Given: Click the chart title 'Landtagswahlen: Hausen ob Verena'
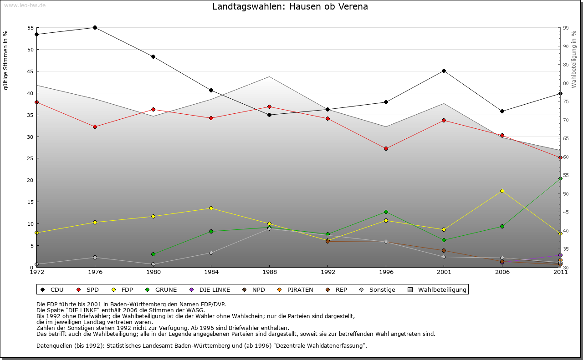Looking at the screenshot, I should [290, 7].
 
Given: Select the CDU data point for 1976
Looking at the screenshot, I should [95, 28].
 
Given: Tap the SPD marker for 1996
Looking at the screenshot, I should [386, 149].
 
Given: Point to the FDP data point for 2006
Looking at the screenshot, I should [502, 191].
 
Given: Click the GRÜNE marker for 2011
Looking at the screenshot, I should [560, 179].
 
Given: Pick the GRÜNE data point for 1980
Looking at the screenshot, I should [153, 254].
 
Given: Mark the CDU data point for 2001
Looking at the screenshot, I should [444, 71].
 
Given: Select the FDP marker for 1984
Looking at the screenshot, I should [211, 208].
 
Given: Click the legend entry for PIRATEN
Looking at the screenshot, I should [296, 290].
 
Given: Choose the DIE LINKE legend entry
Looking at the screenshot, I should [210, 290].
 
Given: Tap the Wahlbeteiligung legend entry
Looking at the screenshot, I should [437, 290].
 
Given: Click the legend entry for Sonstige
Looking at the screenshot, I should [378, 290].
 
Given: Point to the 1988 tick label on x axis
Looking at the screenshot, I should [269, 272].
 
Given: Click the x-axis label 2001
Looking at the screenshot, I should [444, 272].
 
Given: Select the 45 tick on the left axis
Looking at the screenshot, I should [30, 71].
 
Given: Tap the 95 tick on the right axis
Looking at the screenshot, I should [566, 28].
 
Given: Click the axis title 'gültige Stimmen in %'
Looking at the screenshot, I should [6, 60].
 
